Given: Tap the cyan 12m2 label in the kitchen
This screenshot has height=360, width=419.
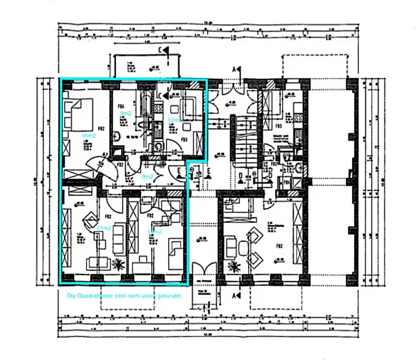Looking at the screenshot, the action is (175, 119).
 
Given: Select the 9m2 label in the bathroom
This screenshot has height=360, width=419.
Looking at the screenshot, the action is (126, 113).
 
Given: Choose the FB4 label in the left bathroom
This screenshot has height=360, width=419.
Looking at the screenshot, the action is (121, 105).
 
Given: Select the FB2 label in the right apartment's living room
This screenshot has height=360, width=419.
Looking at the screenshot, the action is (279, 246).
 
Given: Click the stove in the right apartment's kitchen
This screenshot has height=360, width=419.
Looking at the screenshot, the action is (299, 117).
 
